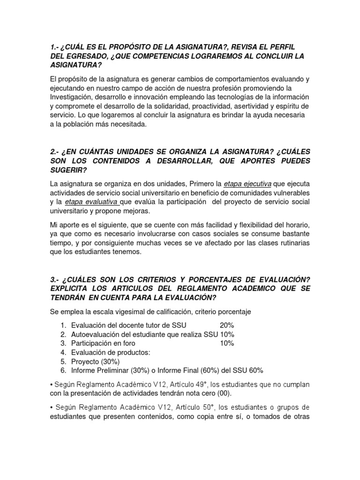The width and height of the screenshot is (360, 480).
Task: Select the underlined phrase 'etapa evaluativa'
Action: pyautogui.click(x=91, y=202)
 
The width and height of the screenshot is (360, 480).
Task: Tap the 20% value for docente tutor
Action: pyautogui.click(x=227, y=325)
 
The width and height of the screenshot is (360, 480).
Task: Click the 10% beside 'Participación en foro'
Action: pyautogui.click(x=227, y=343)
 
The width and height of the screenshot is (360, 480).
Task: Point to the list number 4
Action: pyautogui.click(x=63, y=352)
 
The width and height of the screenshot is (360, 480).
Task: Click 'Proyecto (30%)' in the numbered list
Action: pyautogui.click(x=96, y=361)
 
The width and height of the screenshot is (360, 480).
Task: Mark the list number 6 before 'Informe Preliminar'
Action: pyautogui.click(x=63, y=370)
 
